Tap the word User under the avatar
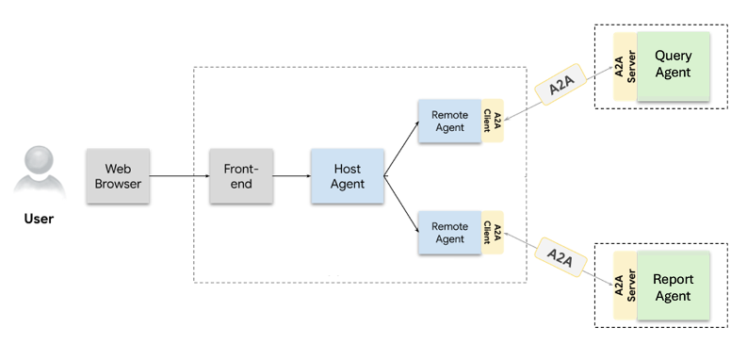[38, 220]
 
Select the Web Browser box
[117, 176]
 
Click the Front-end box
[241, 176]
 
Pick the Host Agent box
[348, 176]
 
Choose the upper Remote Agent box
[449, 121]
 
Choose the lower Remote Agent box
[449, 233]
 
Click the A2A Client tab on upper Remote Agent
[492, 121]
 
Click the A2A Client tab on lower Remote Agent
[492, 233]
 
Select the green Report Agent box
[673, 287]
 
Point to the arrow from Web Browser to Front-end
[179, 176]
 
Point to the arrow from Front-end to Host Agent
[292, 176]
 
